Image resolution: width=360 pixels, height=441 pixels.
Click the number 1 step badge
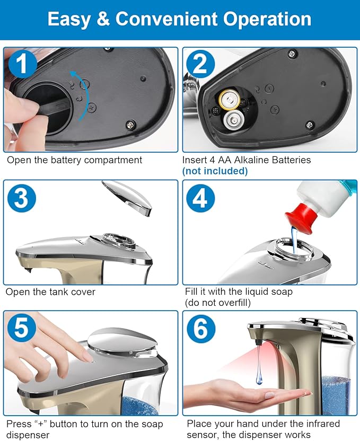[x=23, y=64]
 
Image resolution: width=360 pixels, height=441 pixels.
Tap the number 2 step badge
[x=200, y=64]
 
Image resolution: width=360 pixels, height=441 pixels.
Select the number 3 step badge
[x=22, y=198]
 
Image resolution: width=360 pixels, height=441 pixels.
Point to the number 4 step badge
[x=200, y=198]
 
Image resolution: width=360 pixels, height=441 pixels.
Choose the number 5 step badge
[x=22, y=328]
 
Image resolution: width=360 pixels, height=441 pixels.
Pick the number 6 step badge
[x=201, y=329]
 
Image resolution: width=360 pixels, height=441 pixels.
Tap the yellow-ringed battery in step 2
[x=230, y=99]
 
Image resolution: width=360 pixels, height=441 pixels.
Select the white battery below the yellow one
[x=234, y=120]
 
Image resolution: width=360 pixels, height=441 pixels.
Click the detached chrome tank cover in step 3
[x=127, y=197]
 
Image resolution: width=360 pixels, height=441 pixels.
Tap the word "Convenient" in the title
[x=166, y=19]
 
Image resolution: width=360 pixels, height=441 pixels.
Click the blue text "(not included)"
[x=215, y=171]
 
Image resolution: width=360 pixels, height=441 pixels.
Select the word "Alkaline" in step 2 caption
[x=251, y=160]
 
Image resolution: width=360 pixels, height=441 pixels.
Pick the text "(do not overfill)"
[x=218, y=303]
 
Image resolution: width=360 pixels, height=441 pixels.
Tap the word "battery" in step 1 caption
[x=66, y=160]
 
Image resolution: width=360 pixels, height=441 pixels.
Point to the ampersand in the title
[x=103, y=19]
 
